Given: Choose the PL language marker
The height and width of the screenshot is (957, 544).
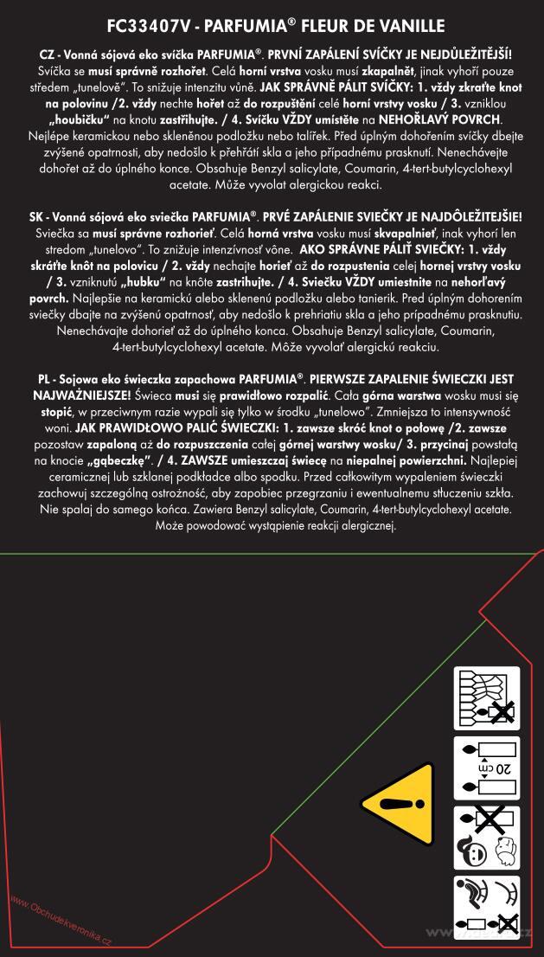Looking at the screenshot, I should pos(48,380).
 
